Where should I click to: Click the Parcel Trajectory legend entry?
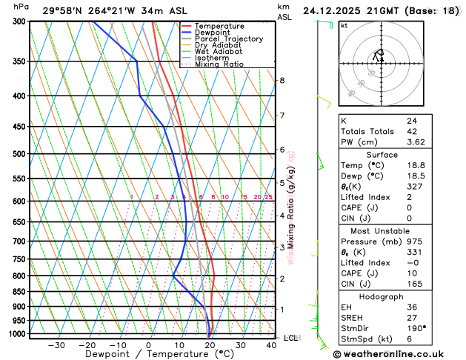click(x=222, y=39)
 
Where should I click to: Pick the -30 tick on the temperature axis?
click(x=56, y=345)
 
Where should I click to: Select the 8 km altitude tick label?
click(x=282, y=80)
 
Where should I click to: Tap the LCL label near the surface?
click(x=290, y=338)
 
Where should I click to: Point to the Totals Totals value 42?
click(x=412, y=131)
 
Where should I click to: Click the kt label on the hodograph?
click(x=344, y=26)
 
